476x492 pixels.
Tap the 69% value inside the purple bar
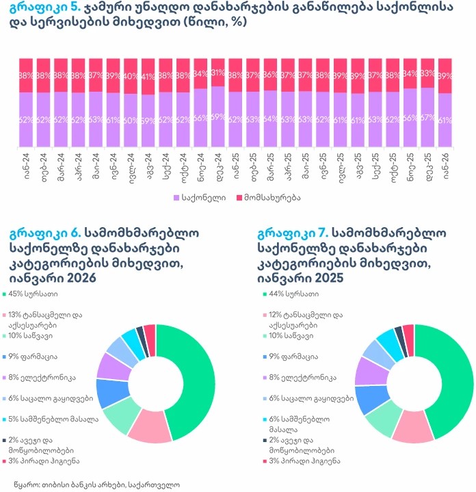click(x=217, y=116)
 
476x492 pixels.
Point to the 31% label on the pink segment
click(x=217, y=73)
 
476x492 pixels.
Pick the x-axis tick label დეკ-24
click(x=217, y=166)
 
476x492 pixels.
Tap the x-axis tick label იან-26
click(x=445, y=166)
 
